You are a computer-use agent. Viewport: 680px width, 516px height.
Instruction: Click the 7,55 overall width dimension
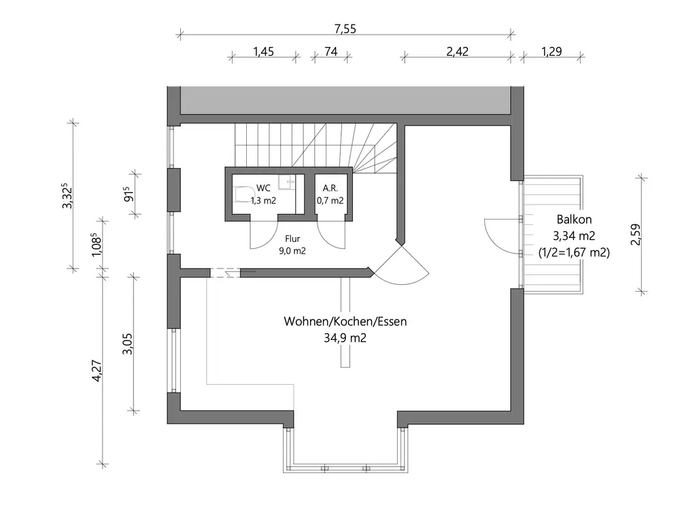pos(345,29)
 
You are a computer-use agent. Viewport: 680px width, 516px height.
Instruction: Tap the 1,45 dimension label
pos(264,52)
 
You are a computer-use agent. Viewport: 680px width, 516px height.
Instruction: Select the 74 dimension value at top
pos(331,52)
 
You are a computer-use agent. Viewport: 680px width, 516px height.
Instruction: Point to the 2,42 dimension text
pos(458,52)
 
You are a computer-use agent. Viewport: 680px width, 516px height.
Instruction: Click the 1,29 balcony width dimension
pos(551,52)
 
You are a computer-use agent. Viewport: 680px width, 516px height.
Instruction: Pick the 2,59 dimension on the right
pos(636,235)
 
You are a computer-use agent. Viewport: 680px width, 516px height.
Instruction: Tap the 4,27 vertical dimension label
pos(97,371)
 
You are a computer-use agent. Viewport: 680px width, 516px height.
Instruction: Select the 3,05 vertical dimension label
pos(128,344)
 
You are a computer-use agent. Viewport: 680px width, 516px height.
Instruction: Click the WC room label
pos(264,188)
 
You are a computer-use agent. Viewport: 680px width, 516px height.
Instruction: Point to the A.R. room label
pos(330,188)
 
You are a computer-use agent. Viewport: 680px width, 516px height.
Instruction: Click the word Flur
pos(292,239)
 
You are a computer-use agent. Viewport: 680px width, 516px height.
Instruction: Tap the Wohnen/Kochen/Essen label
pos(345,322)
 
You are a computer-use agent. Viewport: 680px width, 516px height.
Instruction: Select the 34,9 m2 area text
pos(345,338)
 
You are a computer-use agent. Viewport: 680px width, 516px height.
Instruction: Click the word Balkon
pos(574,219)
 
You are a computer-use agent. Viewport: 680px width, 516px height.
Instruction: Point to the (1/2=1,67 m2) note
pos(574,252)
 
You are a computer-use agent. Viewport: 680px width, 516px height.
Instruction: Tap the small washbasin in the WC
pos(286,182)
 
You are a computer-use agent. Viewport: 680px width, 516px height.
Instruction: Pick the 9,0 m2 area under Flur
pos(292,251)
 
